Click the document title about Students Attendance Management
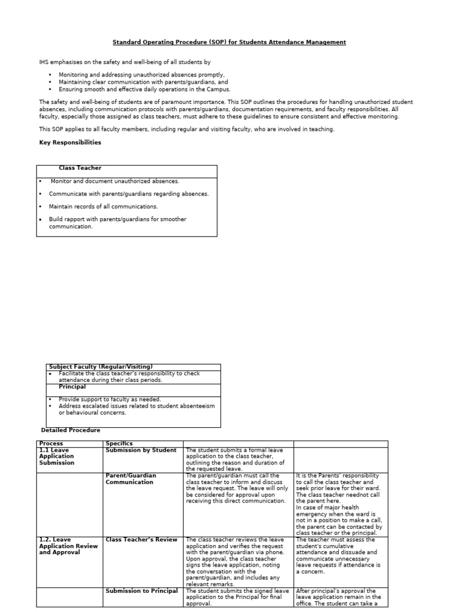229,42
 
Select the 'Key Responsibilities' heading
70,142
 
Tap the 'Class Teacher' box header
76,169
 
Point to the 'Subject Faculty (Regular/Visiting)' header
101,366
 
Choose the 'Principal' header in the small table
72,387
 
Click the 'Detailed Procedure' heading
71,430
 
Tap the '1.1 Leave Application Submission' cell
57,456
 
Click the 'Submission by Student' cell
141,450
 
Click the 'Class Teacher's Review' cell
142,540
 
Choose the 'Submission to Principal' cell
142,590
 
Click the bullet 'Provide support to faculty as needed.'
110,399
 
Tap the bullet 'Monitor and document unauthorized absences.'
115,181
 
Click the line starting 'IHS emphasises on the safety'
125,62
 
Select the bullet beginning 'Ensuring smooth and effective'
144,88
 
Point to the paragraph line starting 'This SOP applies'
187,129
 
